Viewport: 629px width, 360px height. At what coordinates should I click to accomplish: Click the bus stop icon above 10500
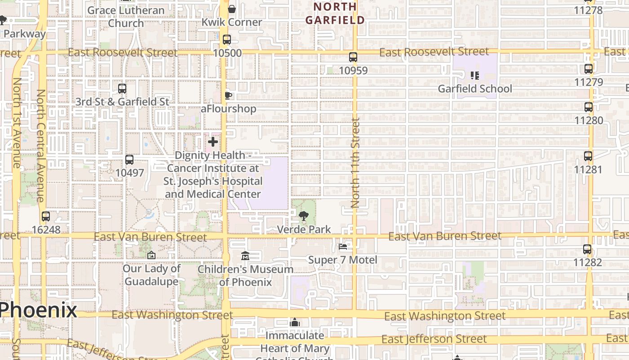click(x=227, y=40)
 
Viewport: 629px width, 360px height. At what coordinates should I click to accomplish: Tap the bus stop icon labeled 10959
click(x=353, y=57)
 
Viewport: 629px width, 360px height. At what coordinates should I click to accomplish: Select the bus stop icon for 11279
click(x=589, y=69)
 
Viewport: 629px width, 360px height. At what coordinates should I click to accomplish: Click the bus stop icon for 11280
click(x=589, y=107)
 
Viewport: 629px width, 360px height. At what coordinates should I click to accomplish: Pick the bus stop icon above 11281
click(x=588, y=156)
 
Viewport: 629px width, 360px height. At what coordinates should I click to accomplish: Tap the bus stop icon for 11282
click(x=587, y=249)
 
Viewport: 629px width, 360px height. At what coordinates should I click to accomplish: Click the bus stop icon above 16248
click(x=46, y=216)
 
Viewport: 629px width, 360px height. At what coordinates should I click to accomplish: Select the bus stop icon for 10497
click(x=129, y=160)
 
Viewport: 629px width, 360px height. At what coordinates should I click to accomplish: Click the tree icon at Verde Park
click(x=304, y=216)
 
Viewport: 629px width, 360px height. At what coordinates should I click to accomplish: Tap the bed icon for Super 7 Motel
click(x=343, y=247)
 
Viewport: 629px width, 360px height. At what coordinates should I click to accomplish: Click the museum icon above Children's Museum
click(x=245, y=256)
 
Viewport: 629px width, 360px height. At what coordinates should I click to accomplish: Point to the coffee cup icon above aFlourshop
click(x=228, y=95)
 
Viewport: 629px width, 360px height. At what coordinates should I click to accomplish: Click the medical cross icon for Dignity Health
click(x=213, y=142)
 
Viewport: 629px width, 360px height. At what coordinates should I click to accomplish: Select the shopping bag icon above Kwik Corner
click(x=232, y=9)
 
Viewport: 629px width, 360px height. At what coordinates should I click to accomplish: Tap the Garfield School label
click(x=475, y=89)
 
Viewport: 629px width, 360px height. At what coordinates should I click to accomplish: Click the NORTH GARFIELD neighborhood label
click(x=335, y=13)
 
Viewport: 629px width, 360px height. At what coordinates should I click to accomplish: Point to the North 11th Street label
click(x=355, y=162)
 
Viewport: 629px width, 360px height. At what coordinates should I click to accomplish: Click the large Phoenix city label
click(x=38, y=310)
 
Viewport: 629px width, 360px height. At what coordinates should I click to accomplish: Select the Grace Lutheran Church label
click(x=126, y=16)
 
